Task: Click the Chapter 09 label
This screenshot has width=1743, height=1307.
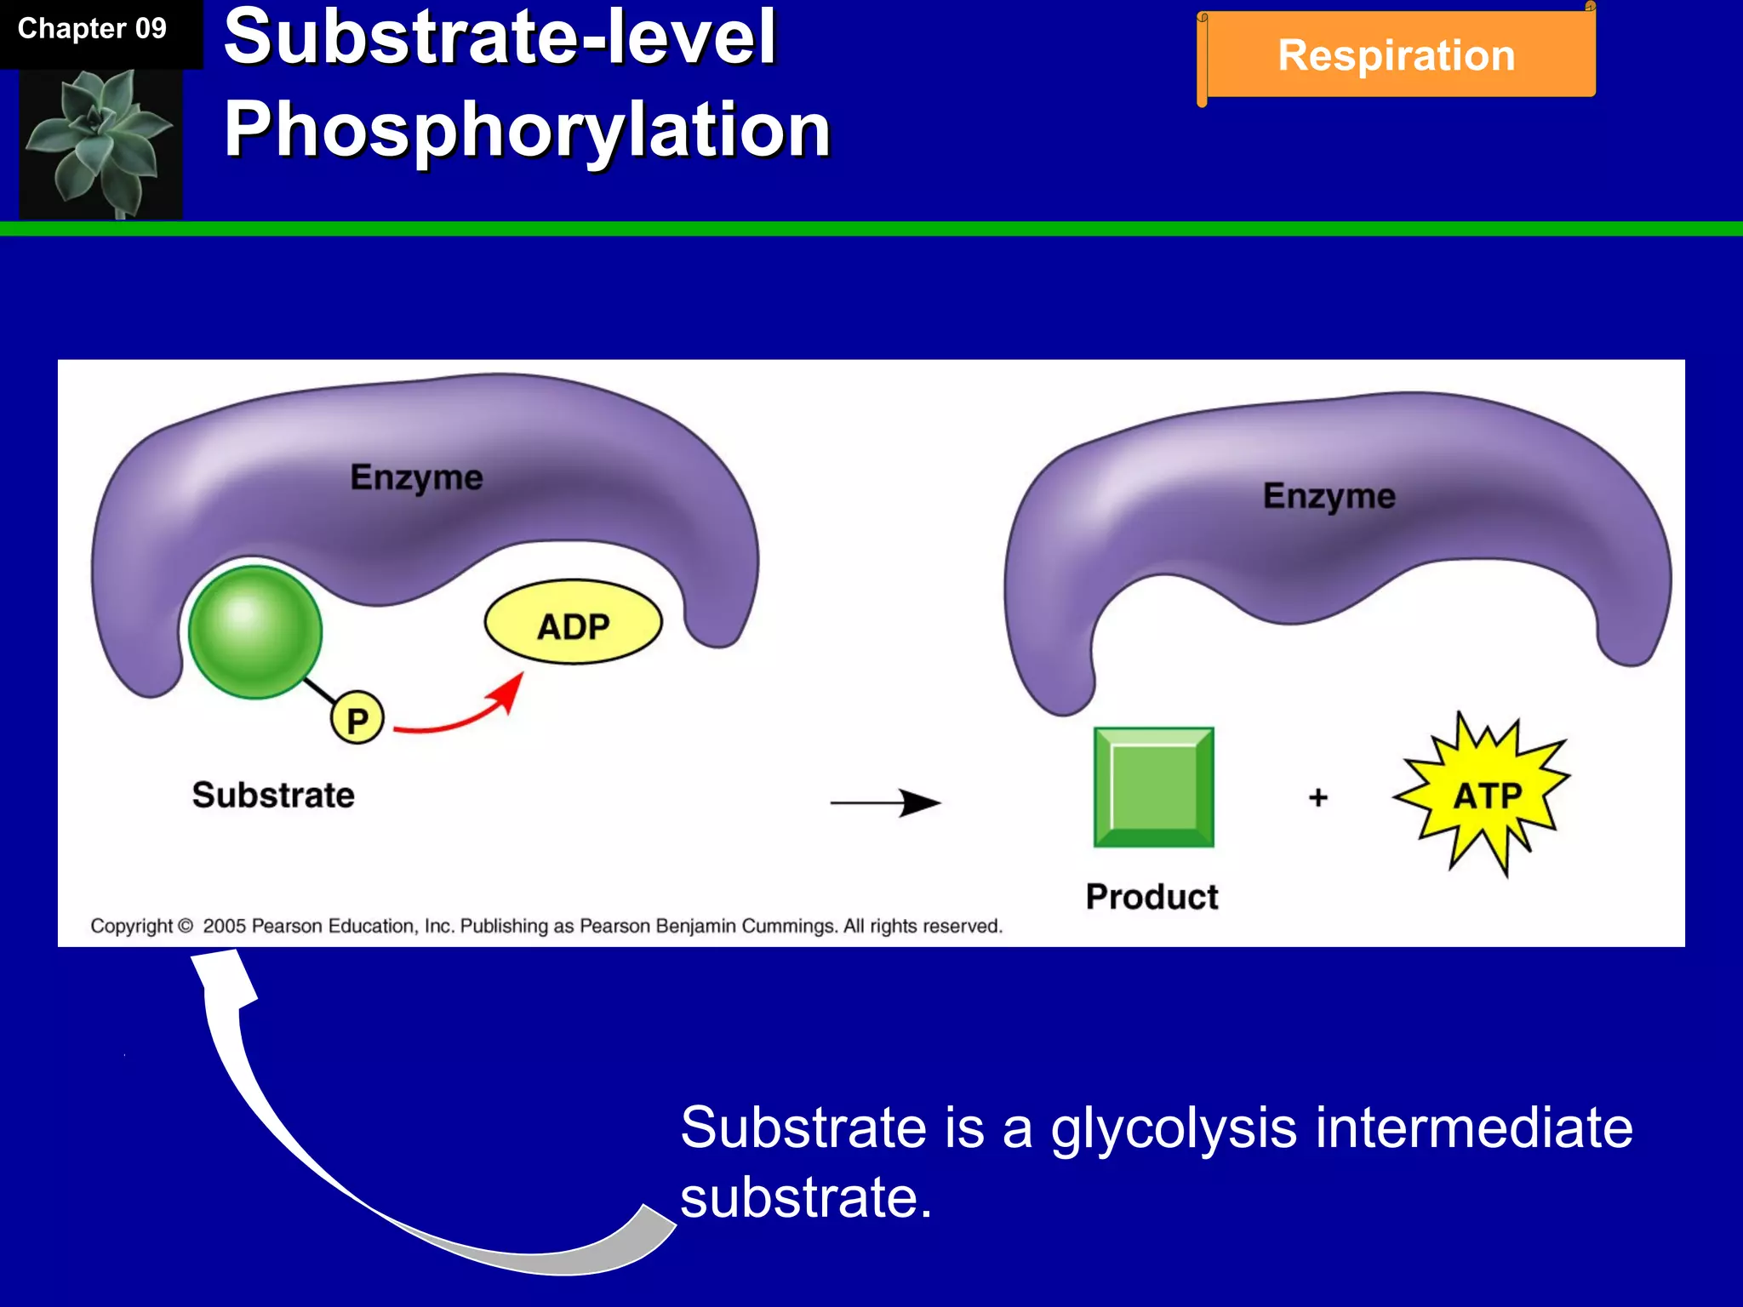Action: tap(92, 29)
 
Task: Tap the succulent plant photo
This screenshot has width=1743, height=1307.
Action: tap(100, 142)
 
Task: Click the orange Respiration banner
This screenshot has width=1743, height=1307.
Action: tap(1397, 55)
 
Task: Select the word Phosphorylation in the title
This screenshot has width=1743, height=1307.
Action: tap(527, 129)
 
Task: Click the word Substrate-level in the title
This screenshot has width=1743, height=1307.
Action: tap(500, 37)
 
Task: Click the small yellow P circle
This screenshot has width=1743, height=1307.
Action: tap(357, 720)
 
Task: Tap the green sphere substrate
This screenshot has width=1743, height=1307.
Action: tap(254, 631)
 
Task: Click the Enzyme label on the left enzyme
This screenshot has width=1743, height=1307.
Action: tap(416, 477)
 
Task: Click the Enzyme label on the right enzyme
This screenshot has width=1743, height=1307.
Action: tap(1329, 496)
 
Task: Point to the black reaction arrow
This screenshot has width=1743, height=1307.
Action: tap(885, 802)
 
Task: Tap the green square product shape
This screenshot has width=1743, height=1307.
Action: tap(1153, 787)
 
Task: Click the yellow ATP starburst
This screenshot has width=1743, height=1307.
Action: tap(1485, 795)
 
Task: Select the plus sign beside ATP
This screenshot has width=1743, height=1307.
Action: tap(1318, 797)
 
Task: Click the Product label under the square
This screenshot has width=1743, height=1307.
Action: tap(1152, 897)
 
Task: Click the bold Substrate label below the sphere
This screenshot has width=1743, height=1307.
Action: tap(273, 795)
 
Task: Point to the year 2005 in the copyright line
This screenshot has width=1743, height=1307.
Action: tap(224, 926)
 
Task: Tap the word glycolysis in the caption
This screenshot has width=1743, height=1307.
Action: tap(1174, 1128)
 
